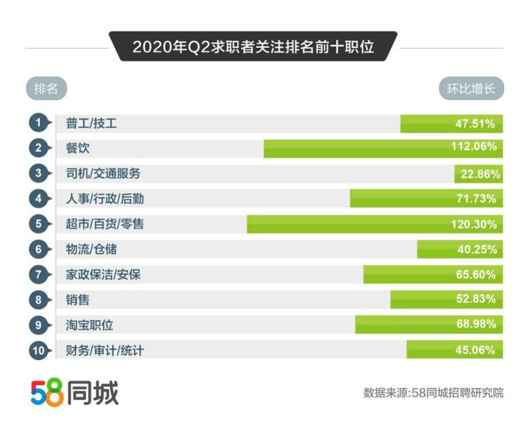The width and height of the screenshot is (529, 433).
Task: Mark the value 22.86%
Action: click(x=479, y=174)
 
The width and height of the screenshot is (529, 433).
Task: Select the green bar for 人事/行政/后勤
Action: click(x=400, y=199)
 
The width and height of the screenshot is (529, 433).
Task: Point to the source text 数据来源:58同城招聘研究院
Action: click(x=433, y=393)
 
